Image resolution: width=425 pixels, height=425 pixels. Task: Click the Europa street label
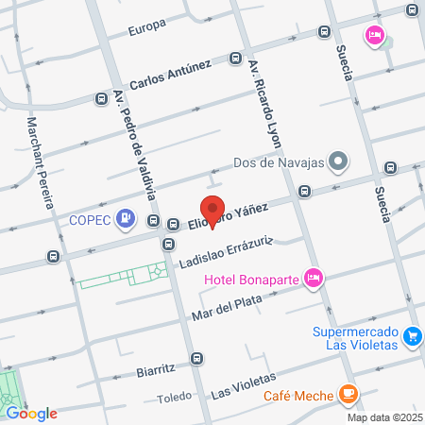click(x=150, y=25)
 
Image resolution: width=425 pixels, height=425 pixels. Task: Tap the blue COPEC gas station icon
click(x=127, y=220)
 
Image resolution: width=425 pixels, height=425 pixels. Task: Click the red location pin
click(x=212, y=210)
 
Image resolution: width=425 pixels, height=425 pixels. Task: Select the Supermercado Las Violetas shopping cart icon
click(x=412, y=336)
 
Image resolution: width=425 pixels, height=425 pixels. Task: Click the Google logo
click(x=31, y=414)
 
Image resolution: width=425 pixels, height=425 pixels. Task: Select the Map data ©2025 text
click(x=384, y=417)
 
